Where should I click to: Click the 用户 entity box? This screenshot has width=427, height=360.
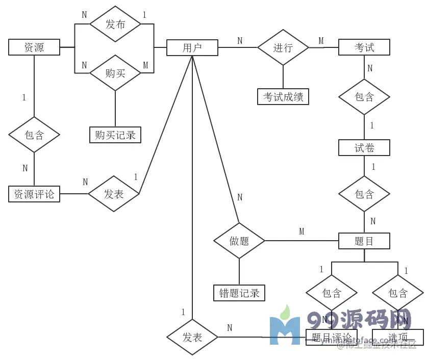pos(192,48)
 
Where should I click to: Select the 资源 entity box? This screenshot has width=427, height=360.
pos(34,47)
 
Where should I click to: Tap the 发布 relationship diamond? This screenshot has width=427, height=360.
pos(115,24)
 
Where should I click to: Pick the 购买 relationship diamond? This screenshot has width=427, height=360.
pos(115,73)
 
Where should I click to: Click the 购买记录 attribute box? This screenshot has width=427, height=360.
pos(115,135)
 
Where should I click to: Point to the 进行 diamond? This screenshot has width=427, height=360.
pos(283,47)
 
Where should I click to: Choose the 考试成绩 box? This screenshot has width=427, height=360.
pos(283,96)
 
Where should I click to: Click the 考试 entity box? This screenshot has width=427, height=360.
pos(364,47)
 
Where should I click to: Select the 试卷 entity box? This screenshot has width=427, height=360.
pos(364,148)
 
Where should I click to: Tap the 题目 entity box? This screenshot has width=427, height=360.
pos(364,241)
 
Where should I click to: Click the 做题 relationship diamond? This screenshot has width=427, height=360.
pos(239,241)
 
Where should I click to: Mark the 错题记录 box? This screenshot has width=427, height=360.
pos(239,293)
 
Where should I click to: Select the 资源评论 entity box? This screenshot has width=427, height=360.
pos(34,194)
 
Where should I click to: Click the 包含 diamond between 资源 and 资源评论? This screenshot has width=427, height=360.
pos(34,135)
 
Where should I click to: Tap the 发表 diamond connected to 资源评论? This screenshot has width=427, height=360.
pos(114,194)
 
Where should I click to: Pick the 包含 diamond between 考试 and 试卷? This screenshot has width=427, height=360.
pos(364,97)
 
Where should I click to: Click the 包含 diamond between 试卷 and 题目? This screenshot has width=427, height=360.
pos(364,194)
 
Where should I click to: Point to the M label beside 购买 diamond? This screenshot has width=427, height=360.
pos(145,65)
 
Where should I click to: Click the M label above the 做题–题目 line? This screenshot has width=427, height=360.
pos(302,232)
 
